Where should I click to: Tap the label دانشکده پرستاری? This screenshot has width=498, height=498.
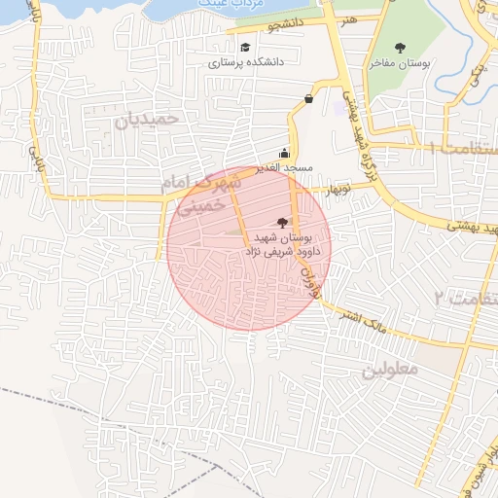(245, 63)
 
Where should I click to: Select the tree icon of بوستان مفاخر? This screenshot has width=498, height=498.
(400, 47)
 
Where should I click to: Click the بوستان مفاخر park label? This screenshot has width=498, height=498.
(400, 63)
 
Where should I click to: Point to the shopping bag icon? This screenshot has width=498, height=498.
(309, 98)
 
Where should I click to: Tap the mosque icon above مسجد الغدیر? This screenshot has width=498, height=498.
(284, 153)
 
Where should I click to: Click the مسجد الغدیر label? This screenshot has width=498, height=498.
(284, 168)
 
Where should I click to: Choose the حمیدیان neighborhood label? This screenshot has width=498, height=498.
(148, 120)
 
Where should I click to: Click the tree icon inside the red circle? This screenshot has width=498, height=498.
(283, 223)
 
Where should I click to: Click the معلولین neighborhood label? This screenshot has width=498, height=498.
(389, 371)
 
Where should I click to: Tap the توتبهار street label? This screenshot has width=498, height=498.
(337, 187)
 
